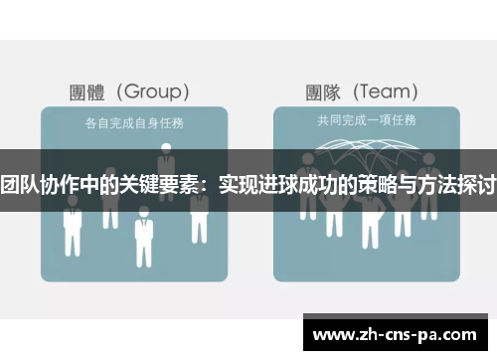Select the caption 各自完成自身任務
coord(133,123)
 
